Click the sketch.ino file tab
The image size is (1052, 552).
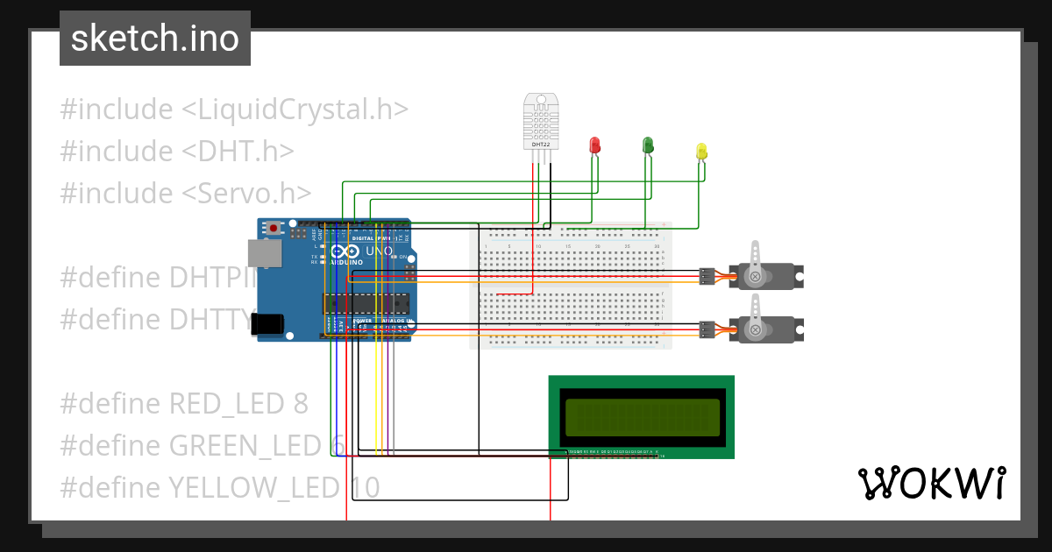(x=154, y=39)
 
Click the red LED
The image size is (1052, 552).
(x=595, y=145)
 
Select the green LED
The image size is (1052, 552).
(x=648, y=145)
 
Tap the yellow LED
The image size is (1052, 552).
(x=701, y=152)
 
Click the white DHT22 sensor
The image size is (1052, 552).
(x=540, y=121)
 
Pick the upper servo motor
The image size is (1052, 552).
(x=763, y=276)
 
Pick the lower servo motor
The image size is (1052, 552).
(x=763, y=329)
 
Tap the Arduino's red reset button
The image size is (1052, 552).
(x=274, y=228)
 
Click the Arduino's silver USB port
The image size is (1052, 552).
(x=262, y=253)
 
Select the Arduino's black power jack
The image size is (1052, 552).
(x=269, y=323)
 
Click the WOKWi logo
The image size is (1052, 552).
(x=931, y=483)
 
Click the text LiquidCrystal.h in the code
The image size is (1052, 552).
(x=295, y=110)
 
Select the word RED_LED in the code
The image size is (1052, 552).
(x=226, y=404)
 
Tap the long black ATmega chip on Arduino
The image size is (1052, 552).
(x=366, y=303)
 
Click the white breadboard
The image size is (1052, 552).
(x=571, y=286)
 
